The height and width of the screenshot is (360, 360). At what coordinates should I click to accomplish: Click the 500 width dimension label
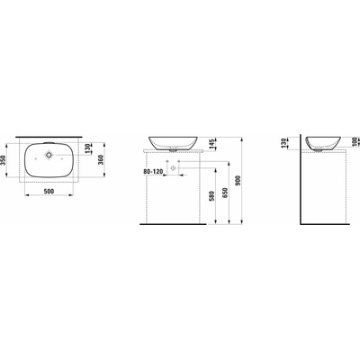point(49,191)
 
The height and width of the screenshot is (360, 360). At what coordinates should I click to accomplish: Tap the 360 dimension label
point(100,160)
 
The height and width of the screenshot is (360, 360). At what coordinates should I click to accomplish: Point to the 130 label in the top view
point(87,148)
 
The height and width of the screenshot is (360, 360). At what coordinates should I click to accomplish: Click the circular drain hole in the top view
point(49,155)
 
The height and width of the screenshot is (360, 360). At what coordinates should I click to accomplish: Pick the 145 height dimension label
point(212,144)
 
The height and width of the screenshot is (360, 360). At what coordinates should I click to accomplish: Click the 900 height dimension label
point(238,180)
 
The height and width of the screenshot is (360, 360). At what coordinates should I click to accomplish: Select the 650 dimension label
point(225,193)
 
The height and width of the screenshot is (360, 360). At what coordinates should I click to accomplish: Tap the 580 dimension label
point(212,196)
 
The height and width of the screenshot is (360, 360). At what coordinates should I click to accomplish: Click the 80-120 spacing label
point(153,172)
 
